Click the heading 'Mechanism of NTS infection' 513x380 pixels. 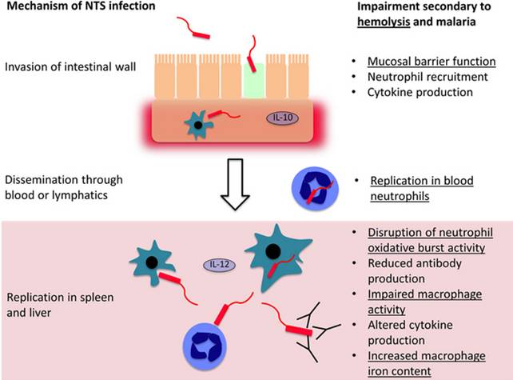tap(70, 7)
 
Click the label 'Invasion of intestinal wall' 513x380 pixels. tap(71, 66)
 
